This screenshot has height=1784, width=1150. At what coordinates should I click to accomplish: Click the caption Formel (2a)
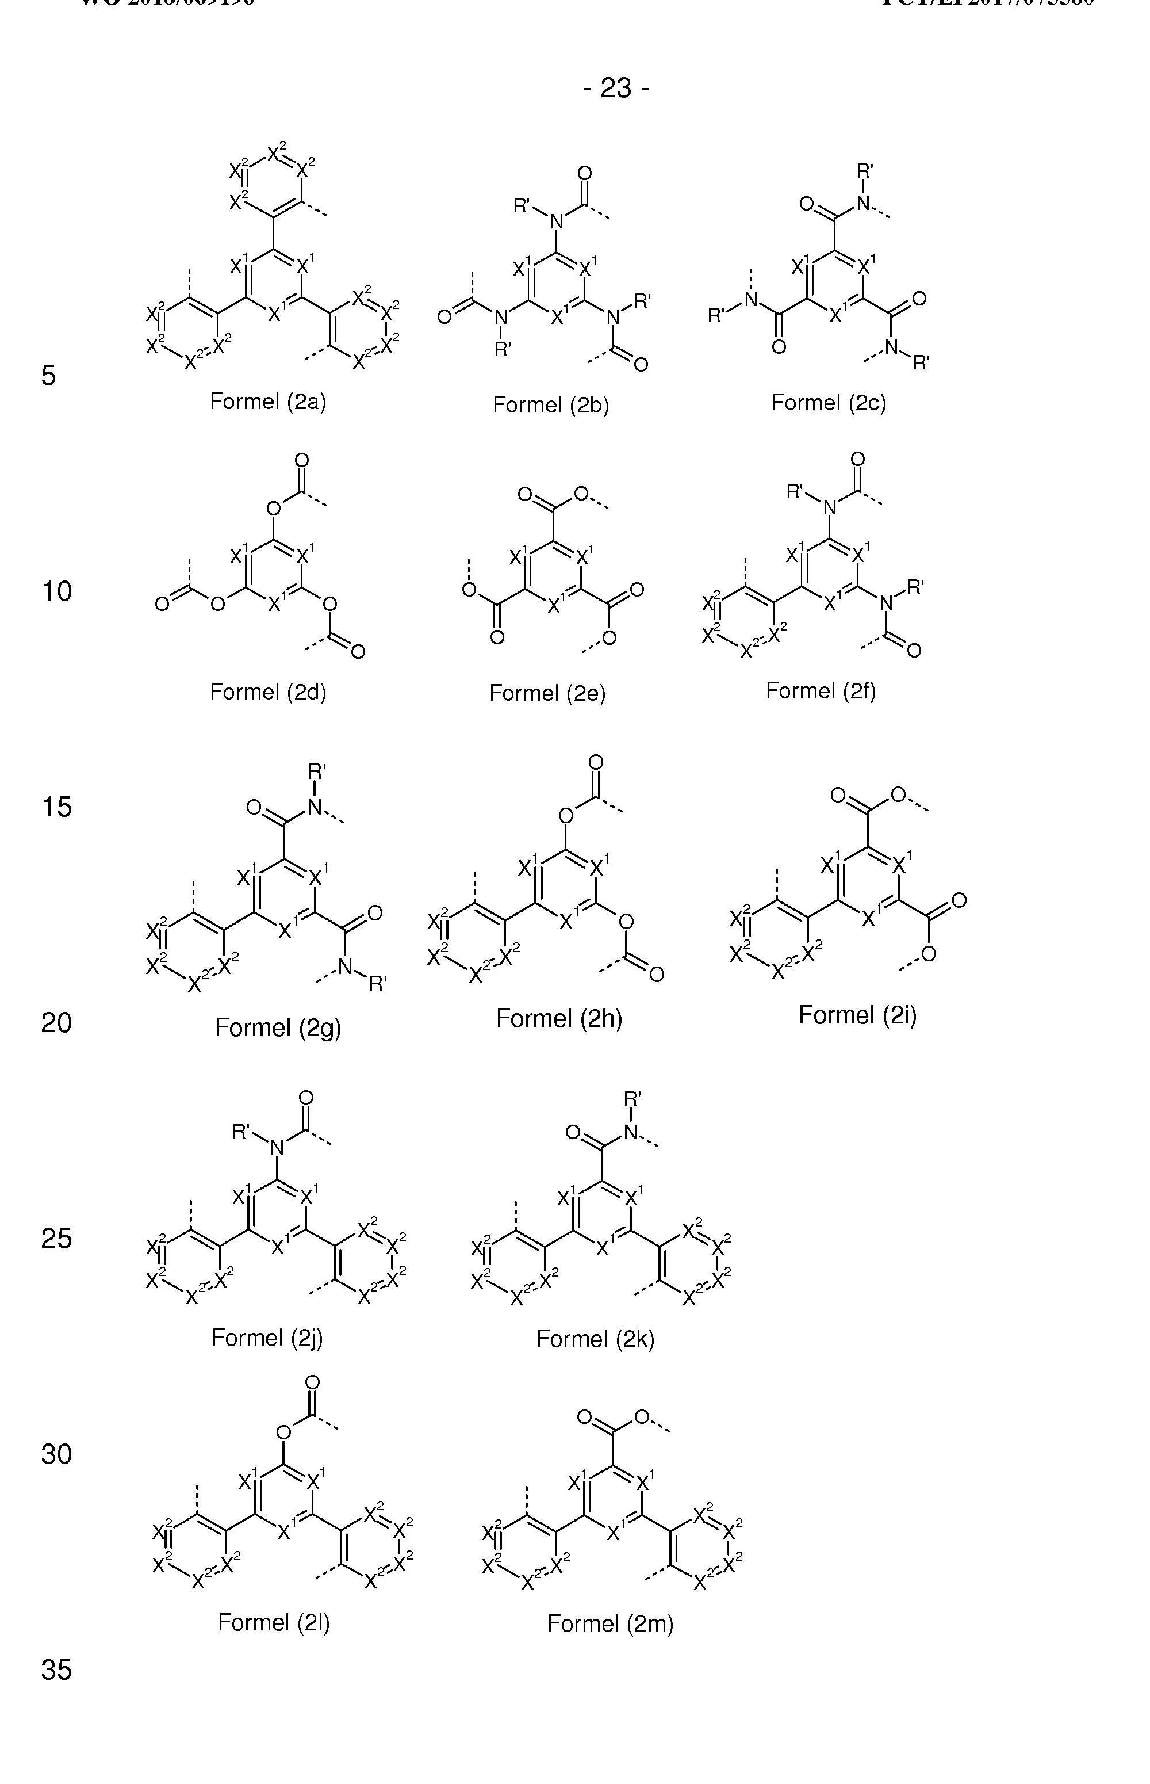(x=268, y=402)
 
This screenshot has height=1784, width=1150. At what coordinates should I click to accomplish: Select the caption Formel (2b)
(x=551, y=405)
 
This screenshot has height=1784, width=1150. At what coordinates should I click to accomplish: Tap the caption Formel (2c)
(x=828, y=403)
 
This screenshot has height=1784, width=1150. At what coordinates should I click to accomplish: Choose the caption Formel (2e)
(x=547, y=693)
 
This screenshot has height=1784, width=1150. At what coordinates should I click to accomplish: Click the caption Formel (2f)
(x=821, y=691)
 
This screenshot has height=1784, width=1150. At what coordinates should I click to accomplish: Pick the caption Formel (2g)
(x=278, y=1028)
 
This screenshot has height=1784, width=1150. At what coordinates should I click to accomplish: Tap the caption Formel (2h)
(x=559, y=1019)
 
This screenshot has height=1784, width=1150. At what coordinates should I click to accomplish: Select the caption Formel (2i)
(x=857, y=1015)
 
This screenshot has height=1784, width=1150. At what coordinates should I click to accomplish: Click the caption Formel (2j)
(x=267, y=1337)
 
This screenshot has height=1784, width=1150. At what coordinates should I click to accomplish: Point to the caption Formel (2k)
(x=595, y=1339)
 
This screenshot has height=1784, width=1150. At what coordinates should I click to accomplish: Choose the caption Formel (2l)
(x=273, y=1623)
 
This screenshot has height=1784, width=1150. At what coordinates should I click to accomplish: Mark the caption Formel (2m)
(x=610, y=1623)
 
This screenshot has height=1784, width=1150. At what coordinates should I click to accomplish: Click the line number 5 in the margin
(x=48, y=376)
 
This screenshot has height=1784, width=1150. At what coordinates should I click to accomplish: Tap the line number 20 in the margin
(x=57, y=1023)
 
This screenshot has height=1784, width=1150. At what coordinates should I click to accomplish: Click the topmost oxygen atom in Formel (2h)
(x=595, y=763)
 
